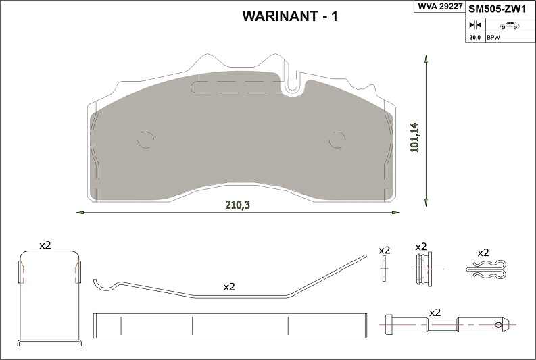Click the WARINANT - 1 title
290,16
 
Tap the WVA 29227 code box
439,7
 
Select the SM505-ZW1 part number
497,9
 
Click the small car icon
510,26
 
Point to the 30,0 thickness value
474,38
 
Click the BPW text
493,38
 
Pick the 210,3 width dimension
237,205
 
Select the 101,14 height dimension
415,137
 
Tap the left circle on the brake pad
146,140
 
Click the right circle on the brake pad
337,140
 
